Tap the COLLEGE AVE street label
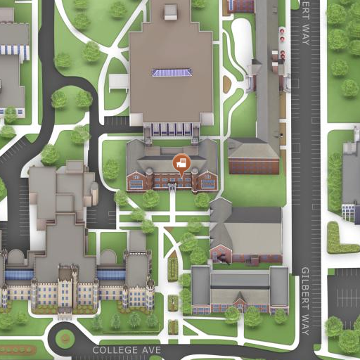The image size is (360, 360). (x=127, y=349)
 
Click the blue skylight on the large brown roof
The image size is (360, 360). (x=172, y=72)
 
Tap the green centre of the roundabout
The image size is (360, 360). (x=65, y=339)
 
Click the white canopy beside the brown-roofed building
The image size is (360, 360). (x=118, y=82)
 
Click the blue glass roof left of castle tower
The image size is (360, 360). (x=19, y=274)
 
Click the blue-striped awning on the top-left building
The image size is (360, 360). (x=15, y=49)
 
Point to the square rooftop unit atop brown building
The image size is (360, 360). (x=171, y=11)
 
